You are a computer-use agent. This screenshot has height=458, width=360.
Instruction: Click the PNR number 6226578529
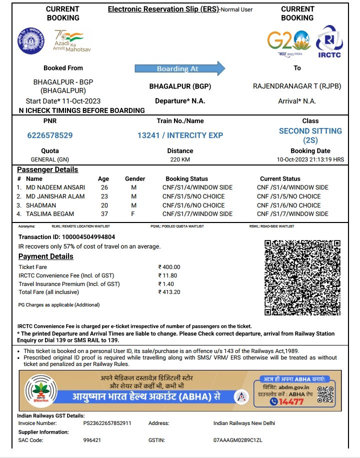(x=50, y=135)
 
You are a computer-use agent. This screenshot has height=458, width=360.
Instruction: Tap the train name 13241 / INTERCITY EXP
(x=180, y=135)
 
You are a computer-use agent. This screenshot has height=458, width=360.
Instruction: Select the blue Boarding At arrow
(x=180, y=68)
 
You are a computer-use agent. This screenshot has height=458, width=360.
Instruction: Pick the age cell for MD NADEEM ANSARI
(x=104, y=187)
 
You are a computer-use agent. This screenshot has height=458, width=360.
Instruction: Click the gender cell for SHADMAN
(x=133, y=205)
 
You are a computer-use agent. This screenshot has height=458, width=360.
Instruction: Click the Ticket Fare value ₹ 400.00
(x=169, y=267)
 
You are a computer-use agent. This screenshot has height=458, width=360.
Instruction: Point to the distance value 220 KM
(x=180, y=160)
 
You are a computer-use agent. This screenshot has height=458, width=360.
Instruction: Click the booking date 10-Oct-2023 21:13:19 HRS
(x=310, y=160)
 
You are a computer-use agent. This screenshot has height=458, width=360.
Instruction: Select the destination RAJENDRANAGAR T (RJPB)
(x=297, y=86)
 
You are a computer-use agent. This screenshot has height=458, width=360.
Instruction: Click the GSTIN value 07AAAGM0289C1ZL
(x=237, y=440)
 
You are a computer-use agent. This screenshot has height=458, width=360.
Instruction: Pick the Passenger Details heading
(x=47, y=169)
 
